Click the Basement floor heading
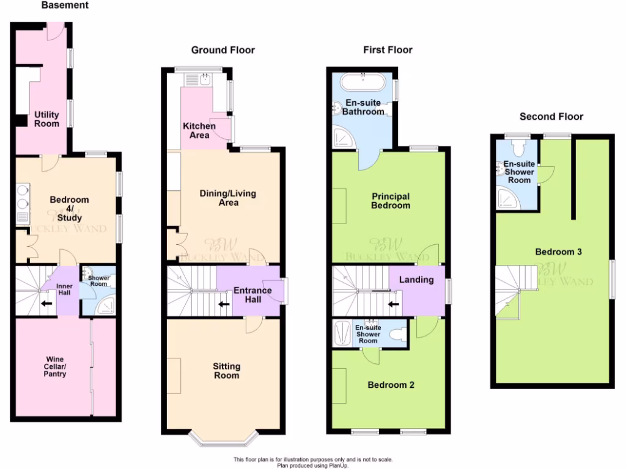[65, 5]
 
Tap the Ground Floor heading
[223, 50]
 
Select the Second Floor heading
[551, 117]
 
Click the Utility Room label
[47, 119]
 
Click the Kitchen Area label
[199, 130]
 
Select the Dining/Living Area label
[228, 198]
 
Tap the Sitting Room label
[226, 371]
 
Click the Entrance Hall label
[252, 295]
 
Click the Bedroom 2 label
[391, 385]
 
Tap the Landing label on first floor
[416, 280]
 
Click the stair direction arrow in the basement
[45, 302]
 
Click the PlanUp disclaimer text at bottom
[313, 462]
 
